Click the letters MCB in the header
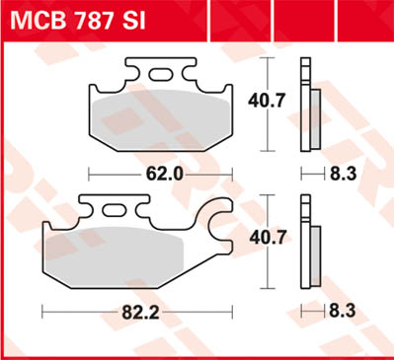tap(37, 21)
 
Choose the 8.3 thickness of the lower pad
tap(342, 310)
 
